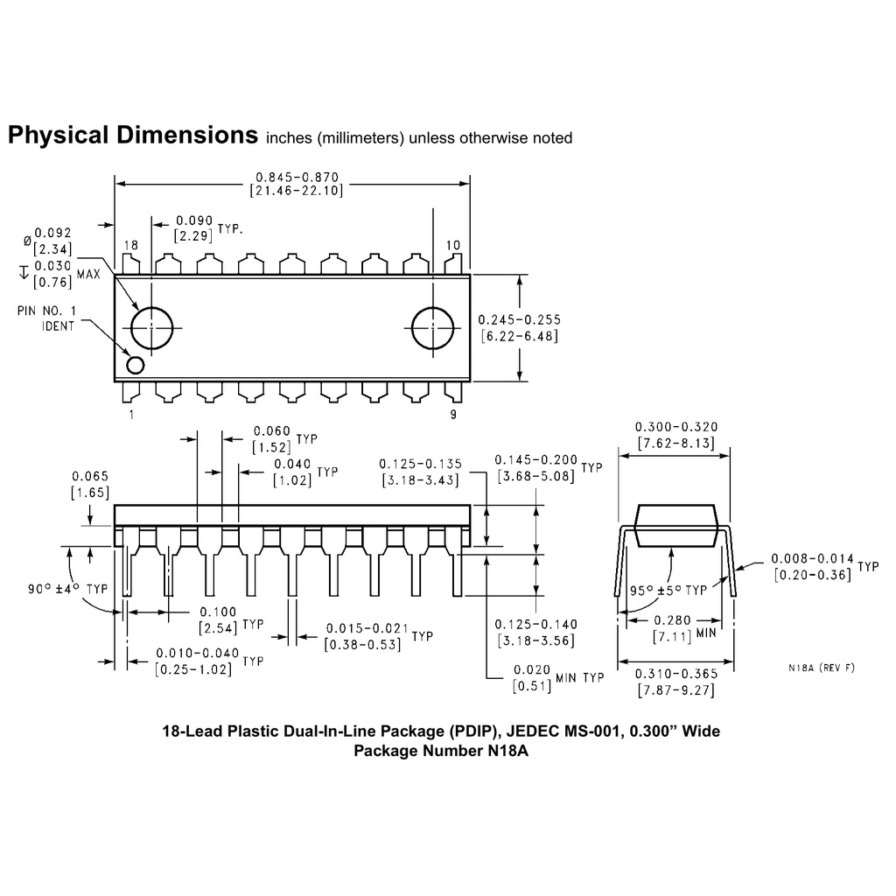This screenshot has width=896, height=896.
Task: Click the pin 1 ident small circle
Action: click(x=136, y=365)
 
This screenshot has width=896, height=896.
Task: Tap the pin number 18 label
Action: click(x=131, y=245)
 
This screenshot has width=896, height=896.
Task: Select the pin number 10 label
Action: click(x=453, y=245)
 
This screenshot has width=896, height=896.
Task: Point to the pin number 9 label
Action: click(x=453, y=414)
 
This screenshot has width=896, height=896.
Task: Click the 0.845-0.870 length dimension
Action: click(x=297, y=184)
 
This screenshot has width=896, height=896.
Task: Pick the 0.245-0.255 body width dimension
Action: click(x=519, y=328)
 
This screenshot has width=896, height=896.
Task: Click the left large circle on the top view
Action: click(x=151, y=328)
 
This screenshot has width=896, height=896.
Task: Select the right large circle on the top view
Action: click(x=432, y=328)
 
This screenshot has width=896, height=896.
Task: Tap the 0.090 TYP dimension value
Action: click(x=208, y=228)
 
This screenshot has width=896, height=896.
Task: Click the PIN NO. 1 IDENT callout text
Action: click(x=47, y=318)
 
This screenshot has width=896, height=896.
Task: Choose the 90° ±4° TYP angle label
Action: click(x=67, y=589)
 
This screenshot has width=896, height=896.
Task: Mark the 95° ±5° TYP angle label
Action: click(x=668, y=590)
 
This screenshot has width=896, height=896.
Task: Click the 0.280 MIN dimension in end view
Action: click(x=684, y=627)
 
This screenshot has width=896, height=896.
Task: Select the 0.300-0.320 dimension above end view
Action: click(x=676, y=435)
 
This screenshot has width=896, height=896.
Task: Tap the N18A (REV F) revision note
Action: click(x=822, y=668)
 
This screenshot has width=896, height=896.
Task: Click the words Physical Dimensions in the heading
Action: click(x=133, y=135)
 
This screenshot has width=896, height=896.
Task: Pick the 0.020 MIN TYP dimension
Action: click(x=557, y=678)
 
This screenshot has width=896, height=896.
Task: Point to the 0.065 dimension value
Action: click(x=90, y=484)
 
